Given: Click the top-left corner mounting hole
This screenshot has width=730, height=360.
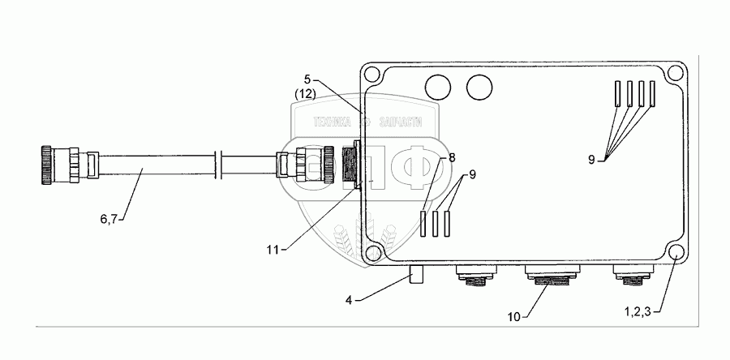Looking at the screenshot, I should point(372,75).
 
